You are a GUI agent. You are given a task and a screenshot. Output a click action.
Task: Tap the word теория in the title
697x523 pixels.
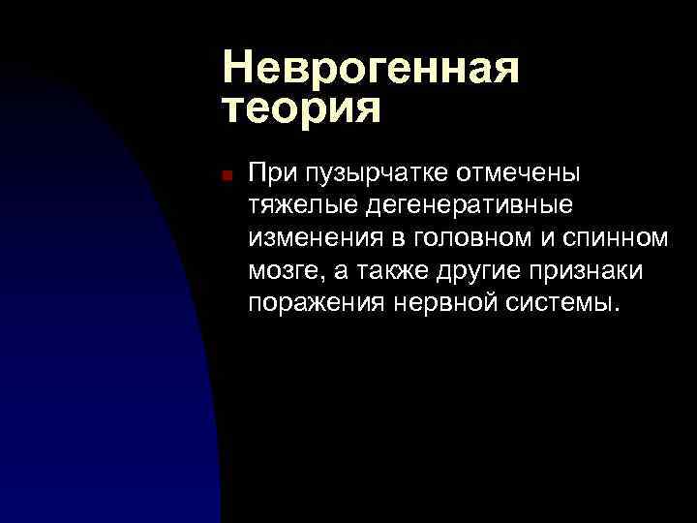click(x=301, y=108)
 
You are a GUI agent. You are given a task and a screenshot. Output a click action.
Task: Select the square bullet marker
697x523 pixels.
click(x=224, y=176)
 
